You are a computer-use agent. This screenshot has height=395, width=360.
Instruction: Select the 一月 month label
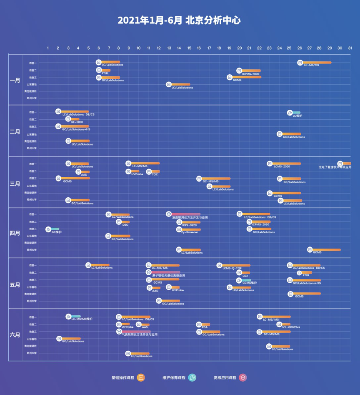click(x=15, y=80)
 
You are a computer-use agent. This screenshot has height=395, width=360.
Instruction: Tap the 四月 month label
click(x=15, y=233)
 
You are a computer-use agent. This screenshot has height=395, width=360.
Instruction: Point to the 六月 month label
click(x=15, y=335)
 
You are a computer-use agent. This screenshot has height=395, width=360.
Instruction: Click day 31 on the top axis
click(x=350, y=48)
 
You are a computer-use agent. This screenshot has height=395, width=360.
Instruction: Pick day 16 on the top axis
click(x=199, y=48)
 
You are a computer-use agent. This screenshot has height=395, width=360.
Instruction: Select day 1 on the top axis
click(x=48, y=48)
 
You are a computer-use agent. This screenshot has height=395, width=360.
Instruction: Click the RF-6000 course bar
click(x=75, y=119)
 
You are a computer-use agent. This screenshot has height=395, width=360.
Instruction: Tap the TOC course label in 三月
click(x=155, y=174)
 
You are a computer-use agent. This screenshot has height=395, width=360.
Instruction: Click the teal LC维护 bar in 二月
click(x=296, y=113)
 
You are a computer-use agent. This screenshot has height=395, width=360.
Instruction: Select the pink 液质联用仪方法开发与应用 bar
click(x=185, y=214)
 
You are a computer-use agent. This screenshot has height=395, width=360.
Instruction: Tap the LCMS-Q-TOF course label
click(x=232, y=268)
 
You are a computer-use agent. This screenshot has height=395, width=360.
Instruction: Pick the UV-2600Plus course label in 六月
click(x=291, y=327)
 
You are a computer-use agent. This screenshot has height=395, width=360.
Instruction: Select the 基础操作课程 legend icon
click(x=141, y=377)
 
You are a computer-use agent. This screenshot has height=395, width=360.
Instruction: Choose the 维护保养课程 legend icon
click(x=192, y=377)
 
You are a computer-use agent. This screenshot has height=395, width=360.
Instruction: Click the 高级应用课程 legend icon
click(x=242, y=377)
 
